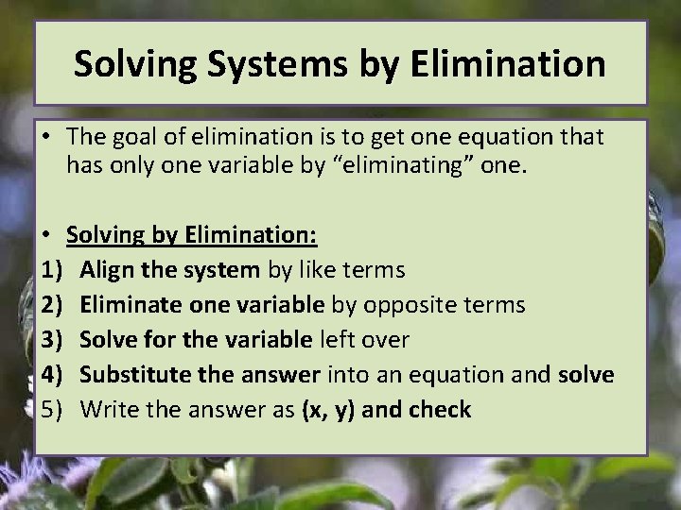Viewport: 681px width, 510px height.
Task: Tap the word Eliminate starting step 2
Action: point(127,305)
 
